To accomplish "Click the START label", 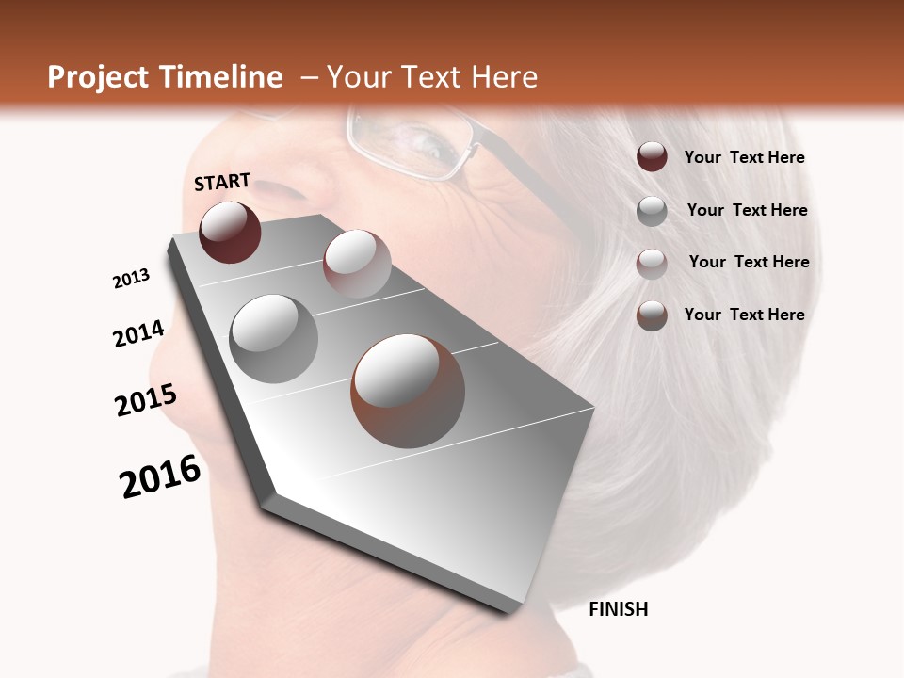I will tap(222, 182).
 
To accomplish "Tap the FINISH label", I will tap(618, 609).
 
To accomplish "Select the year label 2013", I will tap(131, 279).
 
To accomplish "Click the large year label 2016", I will tap(160, 476).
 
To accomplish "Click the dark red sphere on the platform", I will tap(230, 232).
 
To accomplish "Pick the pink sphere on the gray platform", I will tap(357, 264).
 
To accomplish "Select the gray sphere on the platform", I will tap(274, 338).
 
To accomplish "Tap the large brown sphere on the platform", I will tap(408, 390).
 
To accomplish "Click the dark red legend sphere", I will tap(652, 157).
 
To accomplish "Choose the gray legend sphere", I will tap(652, 211).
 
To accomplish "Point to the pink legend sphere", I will tap(652, 264).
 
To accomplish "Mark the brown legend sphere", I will tap(652, 315).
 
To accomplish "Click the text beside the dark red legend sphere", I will tap(744, 158).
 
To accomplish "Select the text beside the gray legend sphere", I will tap(747, 210).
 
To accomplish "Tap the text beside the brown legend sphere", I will tap(744, 315).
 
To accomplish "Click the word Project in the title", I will tap(98, 77).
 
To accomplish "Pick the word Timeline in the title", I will tap(223, 77).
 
